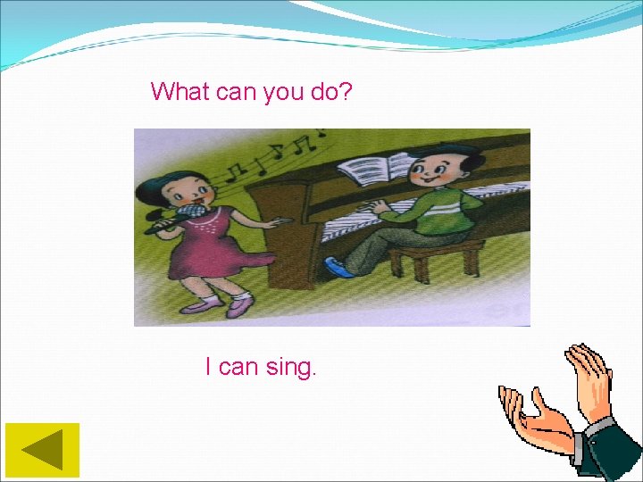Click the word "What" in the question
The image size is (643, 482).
[180, 91]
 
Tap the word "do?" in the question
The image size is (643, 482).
[331, 91]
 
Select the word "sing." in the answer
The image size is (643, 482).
[290, 367]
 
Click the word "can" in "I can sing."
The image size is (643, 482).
[238, 367]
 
